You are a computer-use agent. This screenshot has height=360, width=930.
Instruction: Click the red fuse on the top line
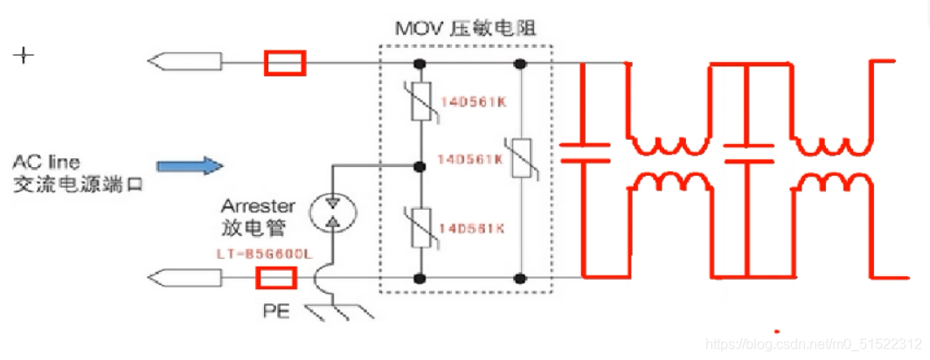[285, 63]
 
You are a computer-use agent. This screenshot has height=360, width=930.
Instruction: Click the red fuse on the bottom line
[275, 279]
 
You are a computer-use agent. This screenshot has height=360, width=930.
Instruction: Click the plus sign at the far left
[24, 56]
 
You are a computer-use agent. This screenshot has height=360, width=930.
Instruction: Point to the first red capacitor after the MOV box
[584, 153]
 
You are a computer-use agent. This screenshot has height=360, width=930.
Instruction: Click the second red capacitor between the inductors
[747, 153]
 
